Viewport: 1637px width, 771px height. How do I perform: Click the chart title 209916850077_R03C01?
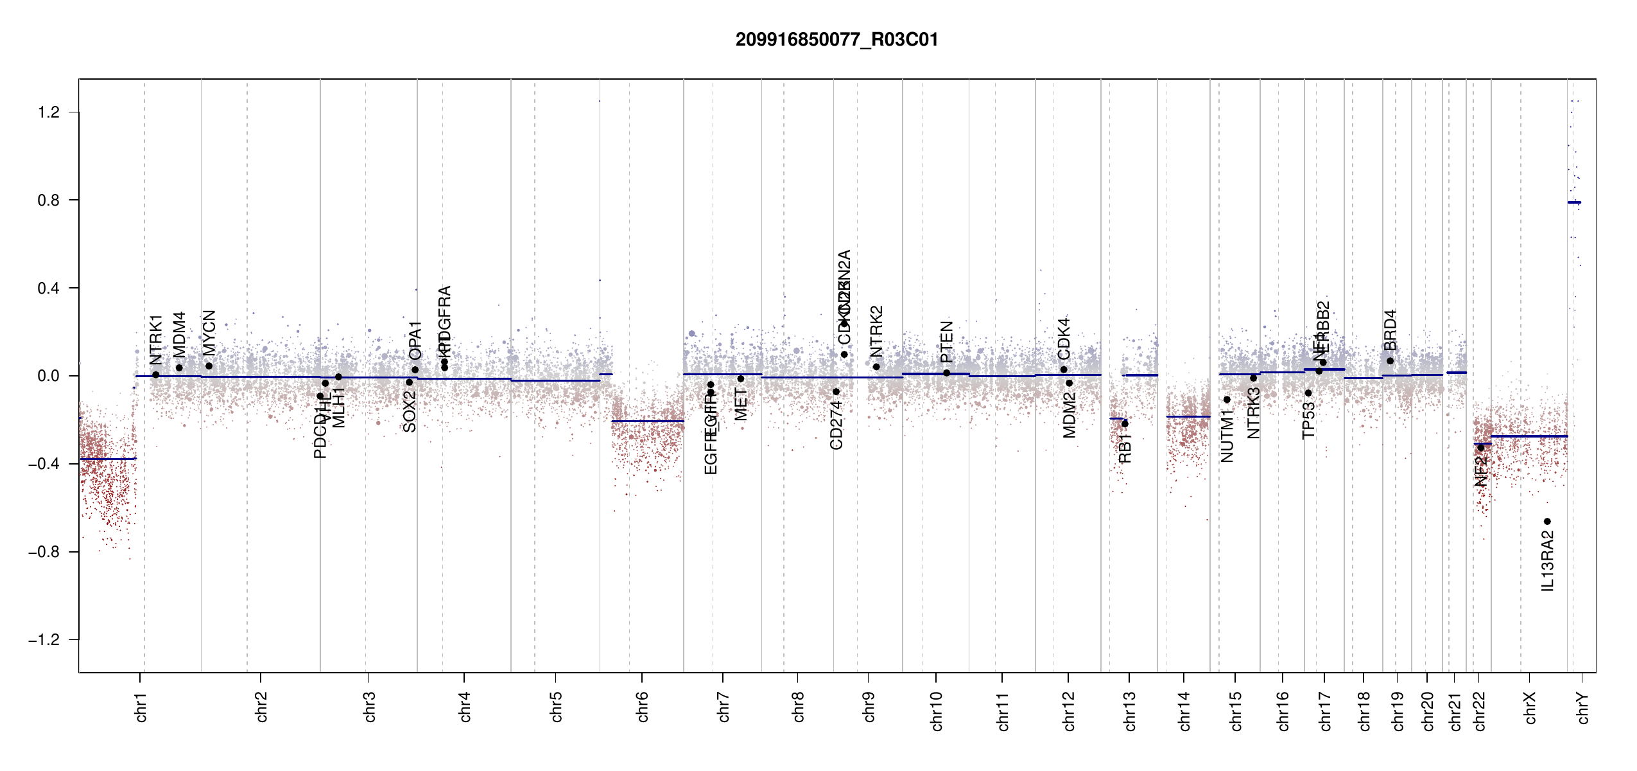click(x=836, y=40)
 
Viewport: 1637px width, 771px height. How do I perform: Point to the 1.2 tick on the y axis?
click(x=49, y=112)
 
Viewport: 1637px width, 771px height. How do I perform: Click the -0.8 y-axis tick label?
click(x=44, y=552)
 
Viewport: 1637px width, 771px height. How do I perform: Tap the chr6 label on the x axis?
click(x=643, y=707)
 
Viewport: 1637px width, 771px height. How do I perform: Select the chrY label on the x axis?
click(x=1583, y=707)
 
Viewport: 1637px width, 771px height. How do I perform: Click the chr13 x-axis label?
click(x=1130, y=711)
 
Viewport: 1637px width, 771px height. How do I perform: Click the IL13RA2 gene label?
click(x=1548, y=561)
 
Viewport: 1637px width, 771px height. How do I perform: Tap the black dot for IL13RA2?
click(x=1547, y=521)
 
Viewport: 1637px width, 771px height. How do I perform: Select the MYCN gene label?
click(x=209, y=333)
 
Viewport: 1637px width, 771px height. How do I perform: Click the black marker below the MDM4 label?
click(x=179, y=368)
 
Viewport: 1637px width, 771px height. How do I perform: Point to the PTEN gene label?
click(x=946, y=342)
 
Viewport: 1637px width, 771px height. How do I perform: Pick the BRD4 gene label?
click(x=1390, y=330)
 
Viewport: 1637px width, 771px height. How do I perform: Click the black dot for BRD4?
click(x=1390, y=361)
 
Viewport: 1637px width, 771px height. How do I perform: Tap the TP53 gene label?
click(x=1308, y=421)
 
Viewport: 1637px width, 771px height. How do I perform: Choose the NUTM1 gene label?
click(x=1227, y=436)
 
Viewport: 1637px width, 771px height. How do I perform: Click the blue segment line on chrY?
click(x=1574, y=202)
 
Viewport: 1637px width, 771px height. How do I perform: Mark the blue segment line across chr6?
click(x=647, y=421)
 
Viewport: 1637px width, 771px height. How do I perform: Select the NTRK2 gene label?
click(x=876, y=332)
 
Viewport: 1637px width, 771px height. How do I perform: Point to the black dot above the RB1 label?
click(x=1125, y=424)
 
